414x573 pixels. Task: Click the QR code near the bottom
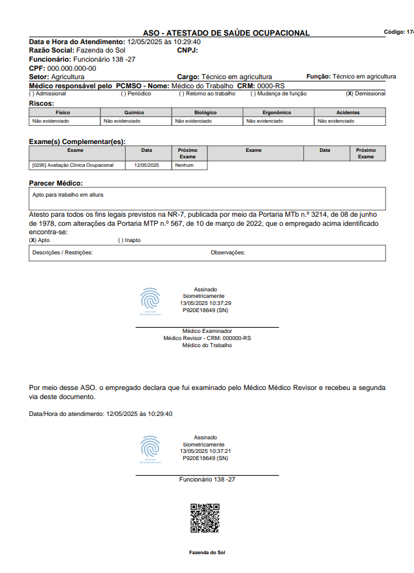click(x=205, y=518)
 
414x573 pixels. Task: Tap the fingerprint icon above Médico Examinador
click(x=150, y=300)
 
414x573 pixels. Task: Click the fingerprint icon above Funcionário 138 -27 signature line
click(x=150, y=448)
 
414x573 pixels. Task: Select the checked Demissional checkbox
click(x=349, y=93)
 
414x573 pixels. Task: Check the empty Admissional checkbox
click(x=32, y=93)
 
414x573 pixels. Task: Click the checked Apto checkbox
click(x=32, y=240)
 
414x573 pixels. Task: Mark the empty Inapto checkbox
click(x=121, y=240)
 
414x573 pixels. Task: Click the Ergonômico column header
click(x=279, y=112)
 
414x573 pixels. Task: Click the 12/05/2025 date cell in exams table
click(x=146, y=165)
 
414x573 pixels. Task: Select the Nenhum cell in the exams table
click(x=184, y=165)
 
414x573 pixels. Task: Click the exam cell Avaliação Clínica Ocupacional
click(x=72, y=165)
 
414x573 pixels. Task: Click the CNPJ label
click(x=187, y=50)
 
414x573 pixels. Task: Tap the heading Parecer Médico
click(x=56, y=183)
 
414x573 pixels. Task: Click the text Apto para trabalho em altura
click(x=67, y=194)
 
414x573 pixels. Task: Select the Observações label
click(x=227, y=252)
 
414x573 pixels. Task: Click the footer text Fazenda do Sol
click(x=207, y=552)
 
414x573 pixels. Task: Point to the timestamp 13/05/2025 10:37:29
click(x=205, y=303)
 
